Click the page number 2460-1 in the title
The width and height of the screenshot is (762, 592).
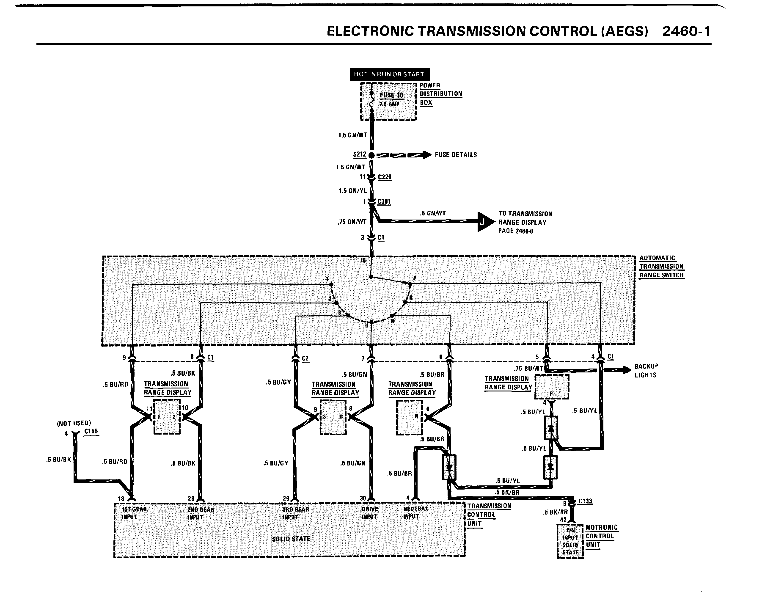click(686, 31)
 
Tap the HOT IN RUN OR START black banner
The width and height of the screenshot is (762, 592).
click(389, 74)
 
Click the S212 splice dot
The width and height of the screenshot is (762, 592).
click(371, 155)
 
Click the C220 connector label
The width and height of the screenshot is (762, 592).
click(385, 177)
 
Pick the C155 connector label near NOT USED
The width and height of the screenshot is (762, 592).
click(91, 431)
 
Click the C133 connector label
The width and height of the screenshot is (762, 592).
click(585, 501)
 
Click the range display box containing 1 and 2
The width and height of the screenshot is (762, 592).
click(167, 417)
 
